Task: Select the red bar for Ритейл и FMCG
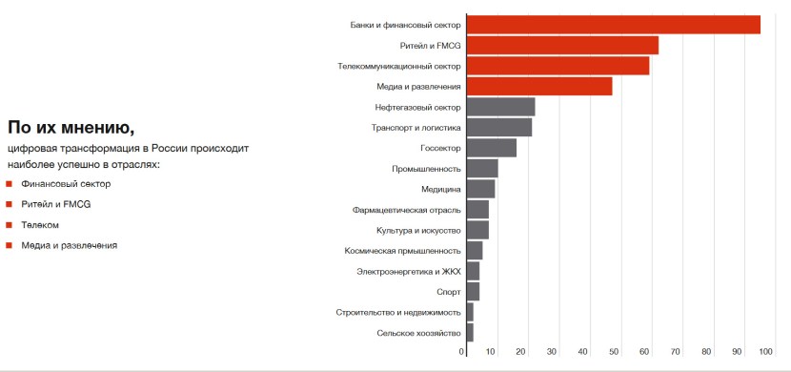pos(562,46)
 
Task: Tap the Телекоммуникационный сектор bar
pos(558,66)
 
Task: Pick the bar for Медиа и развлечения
pos(539,87)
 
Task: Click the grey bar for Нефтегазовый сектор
pos(500,107)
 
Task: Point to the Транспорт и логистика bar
pos(499,127)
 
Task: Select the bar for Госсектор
pos(492,148)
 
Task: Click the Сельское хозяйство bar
pos(470,333)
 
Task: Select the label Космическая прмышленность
pos(402,251)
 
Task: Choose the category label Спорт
pos(448,292)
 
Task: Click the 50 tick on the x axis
pos(615,352)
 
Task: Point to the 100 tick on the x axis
pos(764,352)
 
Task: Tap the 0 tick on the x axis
pos(463,352)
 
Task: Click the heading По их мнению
pos(71,128)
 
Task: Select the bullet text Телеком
pos(40,225)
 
